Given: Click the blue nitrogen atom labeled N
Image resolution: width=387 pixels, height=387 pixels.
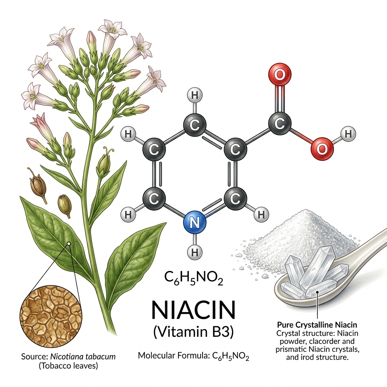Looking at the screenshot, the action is point(195,222).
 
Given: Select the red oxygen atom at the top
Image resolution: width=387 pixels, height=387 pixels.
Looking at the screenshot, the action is point(280,74).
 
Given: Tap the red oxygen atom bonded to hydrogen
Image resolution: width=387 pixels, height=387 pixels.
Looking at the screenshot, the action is point(322,149).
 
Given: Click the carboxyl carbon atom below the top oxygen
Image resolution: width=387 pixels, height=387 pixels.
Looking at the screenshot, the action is point(280,123).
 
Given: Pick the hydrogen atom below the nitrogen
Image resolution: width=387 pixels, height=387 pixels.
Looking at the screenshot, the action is point(195,252).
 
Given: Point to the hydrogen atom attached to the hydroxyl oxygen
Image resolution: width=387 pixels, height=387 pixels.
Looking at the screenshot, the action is point(348,134).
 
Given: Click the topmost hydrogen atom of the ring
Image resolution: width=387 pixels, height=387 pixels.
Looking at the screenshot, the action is point(195,96).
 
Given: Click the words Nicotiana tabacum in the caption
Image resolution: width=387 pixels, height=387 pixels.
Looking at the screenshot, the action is point(83,356).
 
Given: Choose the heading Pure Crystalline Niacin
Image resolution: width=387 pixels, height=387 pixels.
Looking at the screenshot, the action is point(317,324).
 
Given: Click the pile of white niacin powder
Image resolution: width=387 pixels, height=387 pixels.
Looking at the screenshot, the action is point(299,237).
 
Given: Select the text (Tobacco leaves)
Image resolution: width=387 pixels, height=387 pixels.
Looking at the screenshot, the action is point(68,366).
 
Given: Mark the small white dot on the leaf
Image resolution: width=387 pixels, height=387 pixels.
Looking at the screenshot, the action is point(69,244).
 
